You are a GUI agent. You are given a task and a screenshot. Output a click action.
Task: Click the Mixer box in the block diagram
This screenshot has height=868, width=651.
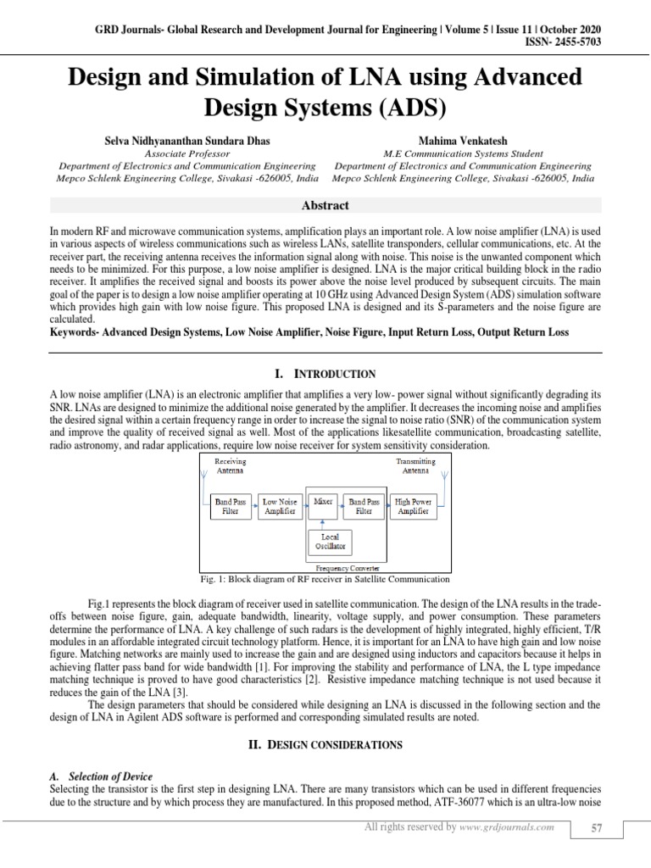(x=322, y=502)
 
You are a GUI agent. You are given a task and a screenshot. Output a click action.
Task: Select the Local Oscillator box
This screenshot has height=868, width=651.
(x=330, y=541)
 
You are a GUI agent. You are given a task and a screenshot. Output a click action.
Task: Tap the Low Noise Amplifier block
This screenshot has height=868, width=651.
(x=279, y=507)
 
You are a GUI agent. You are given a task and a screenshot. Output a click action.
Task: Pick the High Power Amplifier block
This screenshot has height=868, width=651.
(x=413, y=507)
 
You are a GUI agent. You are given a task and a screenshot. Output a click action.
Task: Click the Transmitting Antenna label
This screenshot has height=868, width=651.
(x=415, y=465)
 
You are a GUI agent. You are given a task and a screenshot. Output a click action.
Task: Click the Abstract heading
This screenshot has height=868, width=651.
(x=325, y=206)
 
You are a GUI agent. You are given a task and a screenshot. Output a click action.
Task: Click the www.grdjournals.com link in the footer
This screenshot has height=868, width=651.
(x=508, y=827)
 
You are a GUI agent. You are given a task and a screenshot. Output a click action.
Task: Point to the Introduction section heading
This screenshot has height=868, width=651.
(x=325, y=373)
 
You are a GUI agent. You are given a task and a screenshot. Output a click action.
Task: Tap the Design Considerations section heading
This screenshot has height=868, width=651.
(x=325, y=743)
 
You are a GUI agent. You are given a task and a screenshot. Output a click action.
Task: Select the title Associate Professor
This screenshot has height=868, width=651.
(x=188, y=153)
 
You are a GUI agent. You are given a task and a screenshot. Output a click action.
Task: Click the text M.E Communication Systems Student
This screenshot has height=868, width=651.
(x=464, y=153)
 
